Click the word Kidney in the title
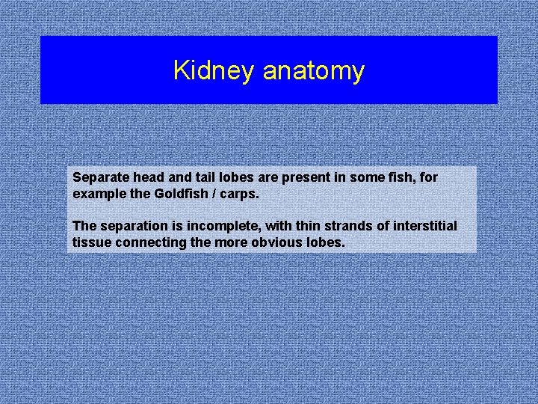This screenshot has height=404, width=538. coord(214,71)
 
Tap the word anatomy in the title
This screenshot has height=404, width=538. coord(313,71)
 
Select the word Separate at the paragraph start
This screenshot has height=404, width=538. coord(100,178)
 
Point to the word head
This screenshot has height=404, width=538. coord(148,178)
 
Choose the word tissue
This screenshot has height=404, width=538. coord(90,242)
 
